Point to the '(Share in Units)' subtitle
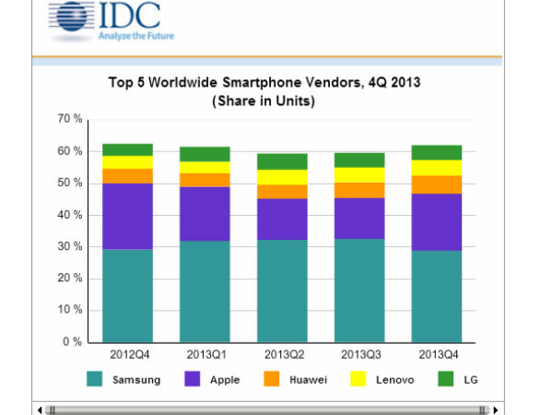click(264, 100)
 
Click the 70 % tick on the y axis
click(70, 119)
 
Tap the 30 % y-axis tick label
click(70, 247)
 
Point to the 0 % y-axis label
click(74, 342)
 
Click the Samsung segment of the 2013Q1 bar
click(205, 291)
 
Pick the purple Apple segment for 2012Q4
click(127, 216)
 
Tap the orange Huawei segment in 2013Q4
click(436, 184)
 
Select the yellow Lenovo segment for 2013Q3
click(359, 174)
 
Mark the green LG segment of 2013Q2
click(282, 161)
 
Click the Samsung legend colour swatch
click(94, 378)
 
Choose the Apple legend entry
click(214, 379)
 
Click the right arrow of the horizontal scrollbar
click(497, 408)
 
